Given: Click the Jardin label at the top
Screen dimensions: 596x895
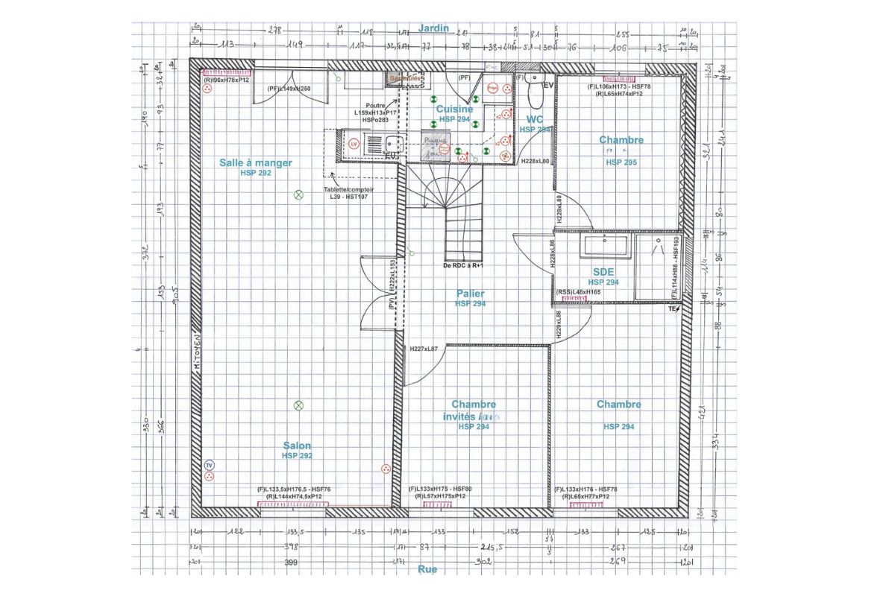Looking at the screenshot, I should coord(433,28).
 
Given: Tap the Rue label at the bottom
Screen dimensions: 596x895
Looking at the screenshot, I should coord(427,569).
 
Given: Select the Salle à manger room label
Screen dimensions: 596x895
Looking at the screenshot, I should coord(256,163).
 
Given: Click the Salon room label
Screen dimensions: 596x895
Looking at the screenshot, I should coord(297,446).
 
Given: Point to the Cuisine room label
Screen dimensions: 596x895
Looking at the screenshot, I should coord(454,110).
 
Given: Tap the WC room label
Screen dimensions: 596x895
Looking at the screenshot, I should coord(535,119).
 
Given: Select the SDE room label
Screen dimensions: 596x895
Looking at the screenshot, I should coord(603,273).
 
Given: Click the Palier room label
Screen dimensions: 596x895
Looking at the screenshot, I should coord(471,294).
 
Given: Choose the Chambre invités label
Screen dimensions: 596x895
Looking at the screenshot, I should coord(474,410).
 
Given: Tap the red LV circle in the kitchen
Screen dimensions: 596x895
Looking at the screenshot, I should coord(354,142).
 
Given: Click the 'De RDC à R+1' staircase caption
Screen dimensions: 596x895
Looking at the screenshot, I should coord(464,265).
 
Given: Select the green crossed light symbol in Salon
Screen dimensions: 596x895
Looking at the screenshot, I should coord(298,405).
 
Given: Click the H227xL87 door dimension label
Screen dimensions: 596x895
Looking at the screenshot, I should coord(424,349).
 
